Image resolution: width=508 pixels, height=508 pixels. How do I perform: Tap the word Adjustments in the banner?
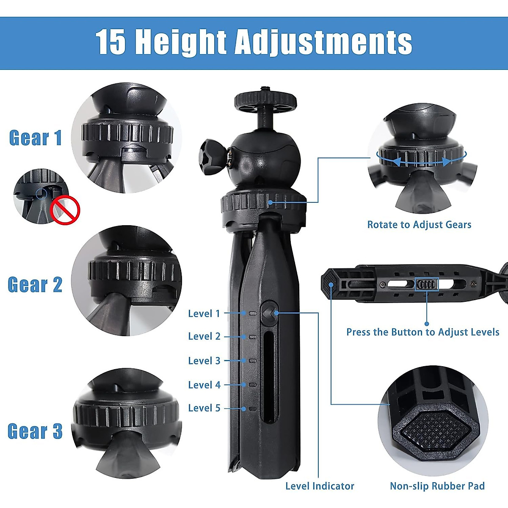pyautogui.click(x=323, y=43)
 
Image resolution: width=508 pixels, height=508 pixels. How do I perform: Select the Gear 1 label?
pyautogui.click(x=36, y=138)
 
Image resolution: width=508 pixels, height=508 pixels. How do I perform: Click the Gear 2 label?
pyautogui.click(x=35, y=284)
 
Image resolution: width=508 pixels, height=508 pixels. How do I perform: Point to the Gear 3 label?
pyautogui.click(x=35, y=431)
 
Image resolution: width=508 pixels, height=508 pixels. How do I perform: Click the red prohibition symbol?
pyautogui.click(x=65, y=210)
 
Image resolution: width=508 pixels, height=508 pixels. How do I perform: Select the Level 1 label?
pyautogui.click(x=204, y=314)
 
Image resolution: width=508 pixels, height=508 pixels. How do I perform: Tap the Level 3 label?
pyautogui.click(x=204, y=361)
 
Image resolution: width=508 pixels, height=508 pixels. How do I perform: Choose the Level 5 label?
pyautogui.click(x=204, y=408)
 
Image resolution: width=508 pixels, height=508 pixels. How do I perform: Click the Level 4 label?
pyautogui.click(x=204, y=385)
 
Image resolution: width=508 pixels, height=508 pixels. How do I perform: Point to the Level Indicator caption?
pyautogui.click(x=320, y=486)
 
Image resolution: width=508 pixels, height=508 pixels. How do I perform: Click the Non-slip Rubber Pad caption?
pyautogui.click(x=437, y=486)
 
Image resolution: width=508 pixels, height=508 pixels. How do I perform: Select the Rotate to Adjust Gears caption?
pyautogui.click(x=419, y=225)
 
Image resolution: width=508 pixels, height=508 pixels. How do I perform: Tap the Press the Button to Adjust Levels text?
pyautogui.click(x=422, y=332)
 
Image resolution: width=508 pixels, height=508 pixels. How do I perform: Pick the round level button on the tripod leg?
pyautogui.click(x=269, y=313)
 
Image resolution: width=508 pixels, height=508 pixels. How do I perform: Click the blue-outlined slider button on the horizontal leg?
pyautogui.click(x=426, y=284)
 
